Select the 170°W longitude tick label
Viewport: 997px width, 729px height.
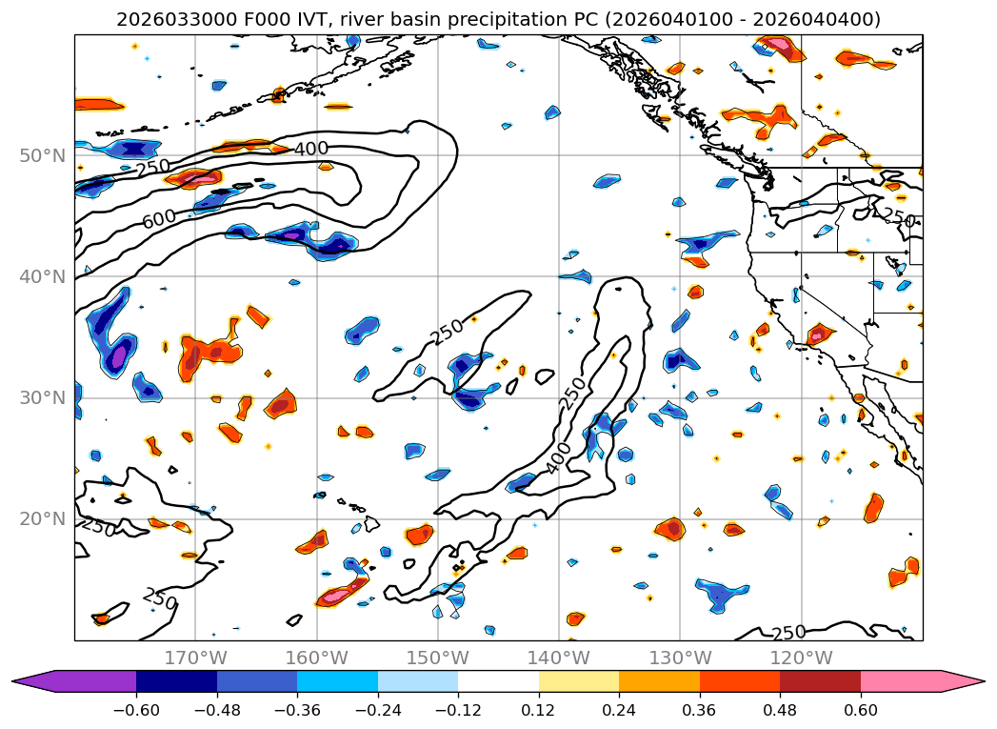[x=195, y=658]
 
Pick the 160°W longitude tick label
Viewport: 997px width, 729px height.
[x=316, y=658]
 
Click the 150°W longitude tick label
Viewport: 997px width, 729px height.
[x=437, y=658]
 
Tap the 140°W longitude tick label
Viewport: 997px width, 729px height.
[x=559, y=658]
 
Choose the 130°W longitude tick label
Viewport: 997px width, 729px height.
[x=680, y=658]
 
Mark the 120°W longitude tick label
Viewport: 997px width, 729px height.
[x=801, y=658]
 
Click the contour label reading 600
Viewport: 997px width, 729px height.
[x=159, y=218]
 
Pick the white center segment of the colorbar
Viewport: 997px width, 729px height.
[x=498, y=680]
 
